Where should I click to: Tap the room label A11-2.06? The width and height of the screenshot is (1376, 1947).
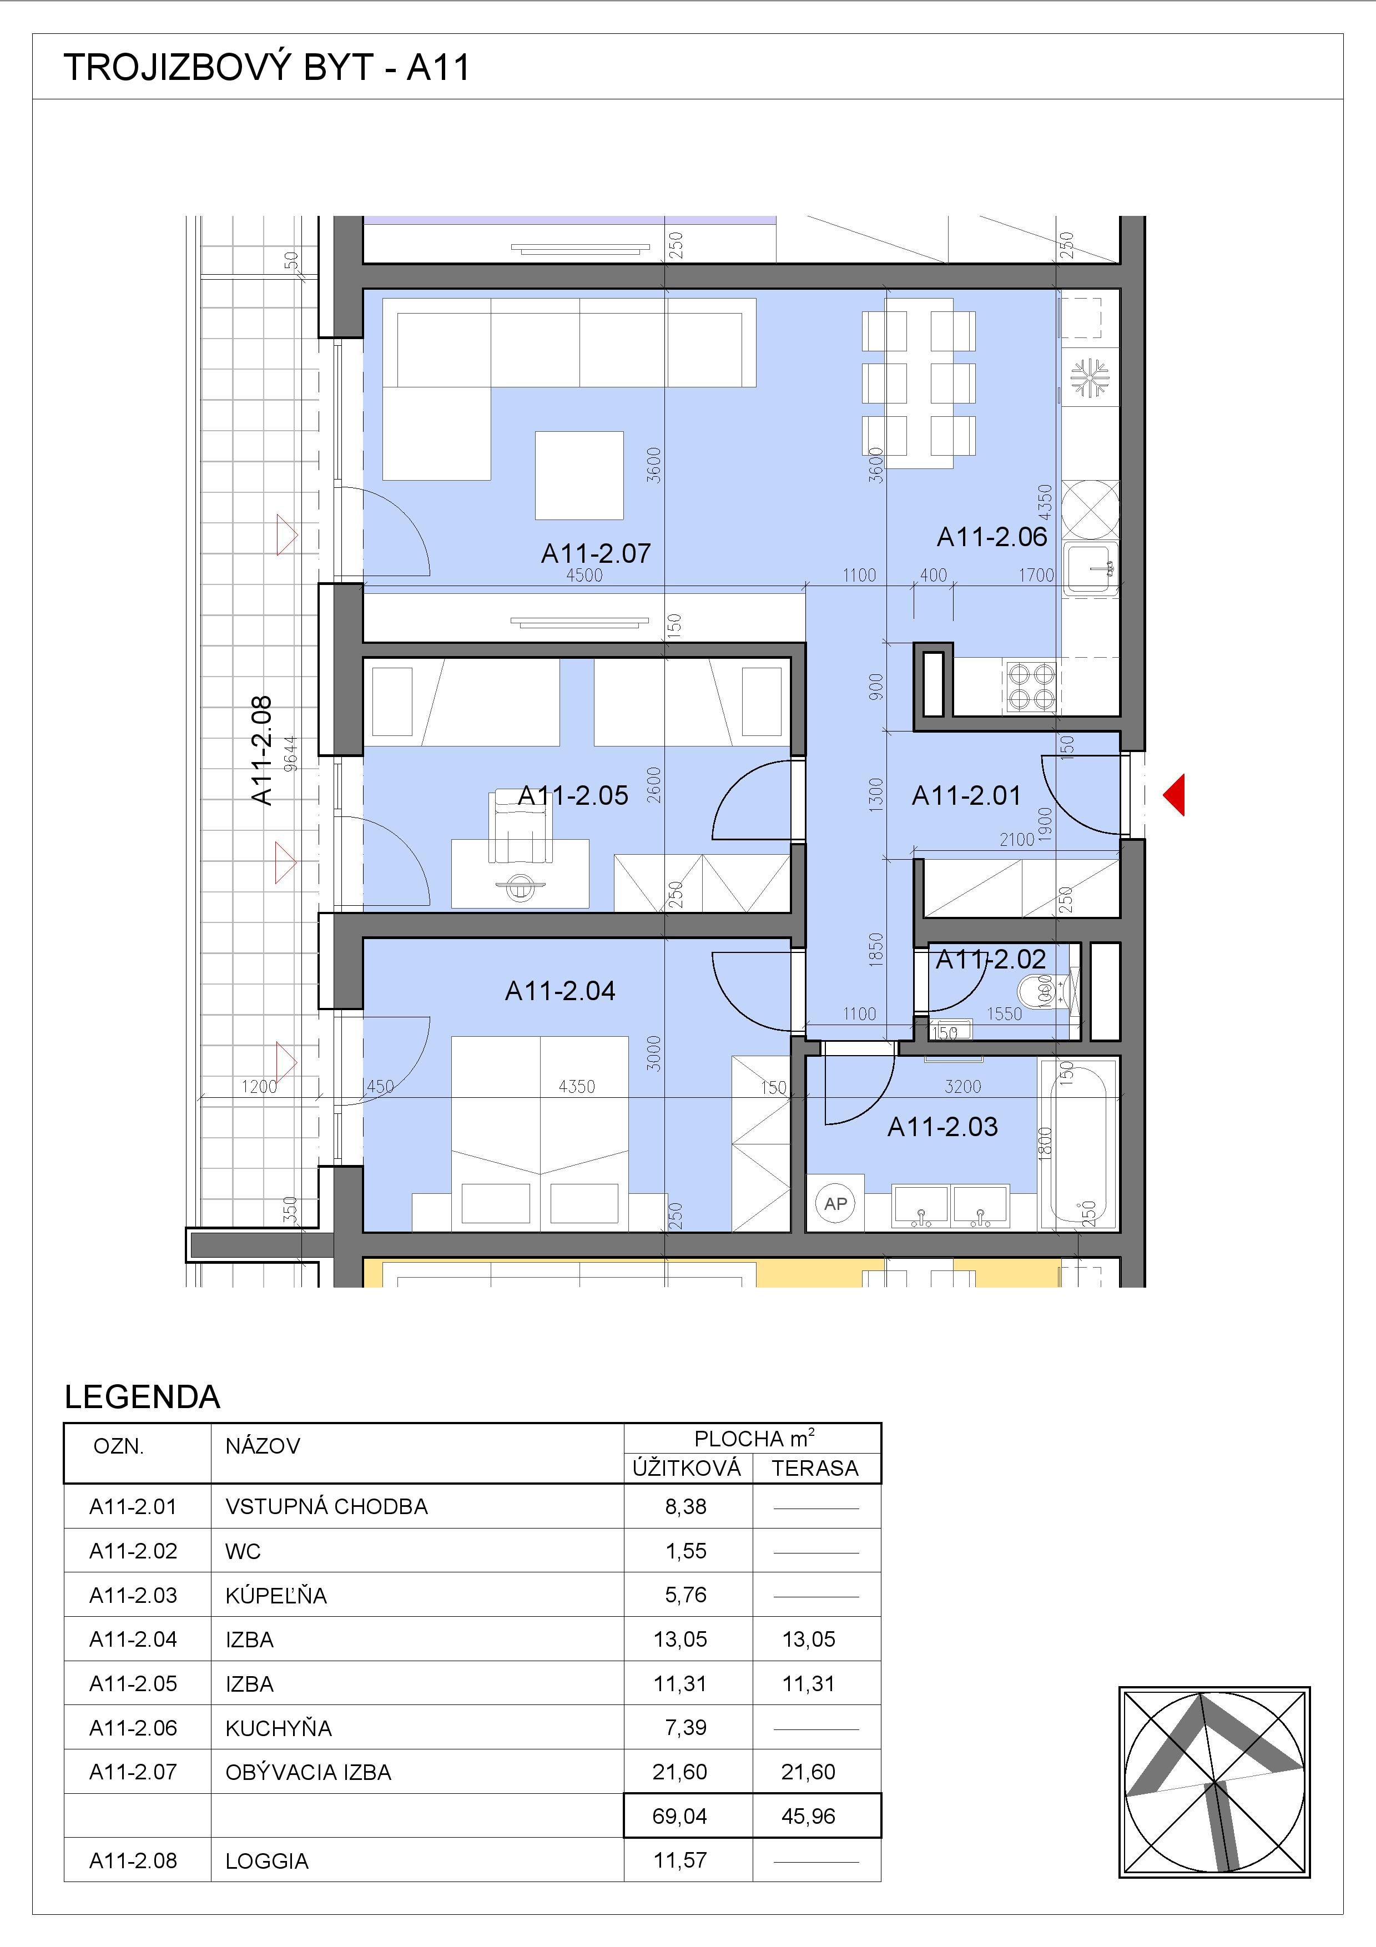pos(992,537)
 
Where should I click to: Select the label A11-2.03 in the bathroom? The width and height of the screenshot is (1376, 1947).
pos(942,1127)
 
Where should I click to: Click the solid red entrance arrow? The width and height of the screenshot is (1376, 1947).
pos(1173,795)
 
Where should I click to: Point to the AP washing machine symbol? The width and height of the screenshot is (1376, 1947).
pos(835,1203)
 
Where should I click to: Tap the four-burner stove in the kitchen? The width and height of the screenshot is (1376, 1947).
pos(1031,688)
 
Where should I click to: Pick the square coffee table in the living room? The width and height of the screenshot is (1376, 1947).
pos(579,475)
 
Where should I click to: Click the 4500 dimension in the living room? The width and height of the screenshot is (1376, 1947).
pos(584,576)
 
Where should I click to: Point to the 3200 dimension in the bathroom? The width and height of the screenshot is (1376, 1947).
pos(962,1086)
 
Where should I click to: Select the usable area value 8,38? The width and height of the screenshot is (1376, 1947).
pos(686,1506)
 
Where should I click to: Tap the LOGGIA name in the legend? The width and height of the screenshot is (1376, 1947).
pos(267,1860)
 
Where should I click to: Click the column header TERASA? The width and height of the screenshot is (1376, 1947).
pos(815,1468)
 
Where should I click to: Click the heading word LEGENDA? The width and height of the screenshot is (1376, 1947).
pos(143,1396)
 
